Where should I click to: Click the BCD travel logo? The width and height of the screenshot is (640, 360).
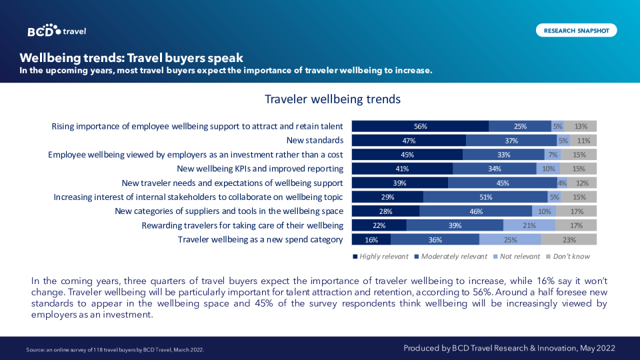coord(57,31)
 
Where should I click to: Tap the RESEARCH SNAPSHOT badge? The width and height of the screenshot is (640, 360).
coord(576,31)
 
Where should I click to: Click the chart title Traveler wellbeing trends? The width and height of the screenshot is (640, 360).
coord(332,99)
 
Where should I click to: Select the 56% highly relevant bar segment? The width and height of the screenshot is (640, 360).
coord(420,126)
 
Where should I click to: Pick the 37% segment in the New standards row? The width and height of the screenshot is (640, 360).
coord(511,141)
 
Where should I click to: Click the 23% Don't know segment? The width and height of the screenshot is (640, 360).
coord(569,239)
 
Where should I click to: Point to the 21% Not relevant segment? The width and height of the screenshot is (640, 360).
coord(529,225)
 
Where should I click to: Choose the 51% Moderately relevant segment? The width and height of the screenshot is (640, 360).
coord(485,197)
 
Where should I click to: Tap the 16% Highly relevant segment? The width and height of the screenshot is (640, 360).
coord(371,239)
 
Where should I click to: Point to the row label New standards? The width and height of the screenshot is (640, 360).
coord(315,141)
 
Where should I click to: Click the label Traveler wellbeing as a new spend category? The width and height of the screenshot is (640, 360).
coord(260,239)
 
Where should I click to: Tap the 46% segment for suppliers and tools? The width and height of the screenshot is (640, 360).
coord(476,211)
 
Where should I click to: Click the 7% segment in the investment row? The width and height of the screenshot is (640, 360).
coord(552,155)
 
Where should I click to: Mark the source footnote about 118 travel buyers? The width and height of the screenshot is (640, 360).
coord(115,349)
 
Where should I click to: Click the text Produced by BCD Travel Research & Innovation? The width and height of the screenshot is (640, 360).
coord(509,348)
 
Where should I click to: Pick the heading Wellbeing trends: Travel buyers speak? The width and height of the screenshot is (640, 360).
coord(131,57)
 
